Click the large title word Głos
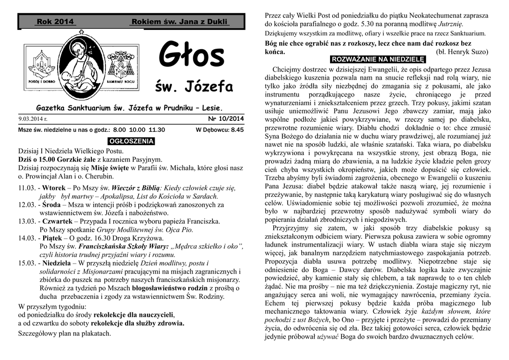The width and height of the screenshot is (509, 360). coord(191,57)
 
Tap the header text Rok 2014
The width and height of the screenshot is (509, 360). coord(55,22)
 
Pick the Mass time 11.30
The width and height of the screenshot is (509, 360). coord(157,130)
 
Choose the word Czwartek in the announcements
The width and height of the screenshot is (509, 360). coord(58,221)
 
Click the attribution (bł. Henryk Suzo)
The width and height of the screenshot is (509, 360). coord(462,52)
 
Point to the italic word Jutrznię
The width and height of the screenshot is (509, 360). coord(448,24)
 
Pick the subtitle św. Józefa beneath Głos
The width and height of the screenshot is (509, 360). coord(194,88)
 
